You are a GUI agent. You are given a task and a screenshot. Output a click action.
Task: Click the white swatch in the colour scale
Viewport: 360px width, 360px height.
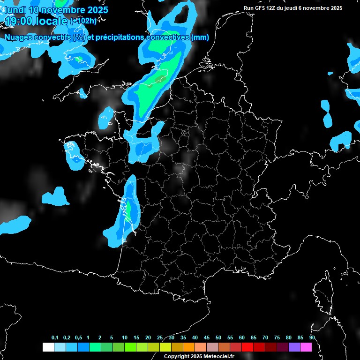[48, 347]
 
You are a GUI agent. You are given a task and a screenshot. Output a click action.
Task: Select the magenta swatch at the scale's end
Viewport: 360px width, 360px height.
[306, 347]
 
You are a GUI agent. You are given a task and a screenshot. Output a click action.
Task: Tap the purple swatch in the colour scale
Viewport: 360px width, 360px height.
[294, 347]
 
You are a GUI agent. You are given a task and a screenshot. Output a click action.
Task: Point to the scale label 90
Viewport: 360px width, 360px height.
[312, 337]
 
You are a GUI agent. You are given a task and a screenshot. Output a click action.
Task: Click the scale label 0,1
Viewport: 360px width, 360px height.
[55, 337]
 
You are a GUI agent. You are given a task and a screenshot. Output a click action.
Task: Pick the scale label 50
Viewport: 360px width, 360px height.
[218, 337]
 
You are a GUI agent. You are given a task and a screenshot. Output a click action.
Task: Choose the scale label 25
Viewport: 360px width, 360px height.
[160, 337]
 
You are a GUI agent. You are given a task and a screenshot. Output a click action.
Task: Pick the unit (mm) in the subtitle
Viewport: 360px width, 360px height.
[200, 37]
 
